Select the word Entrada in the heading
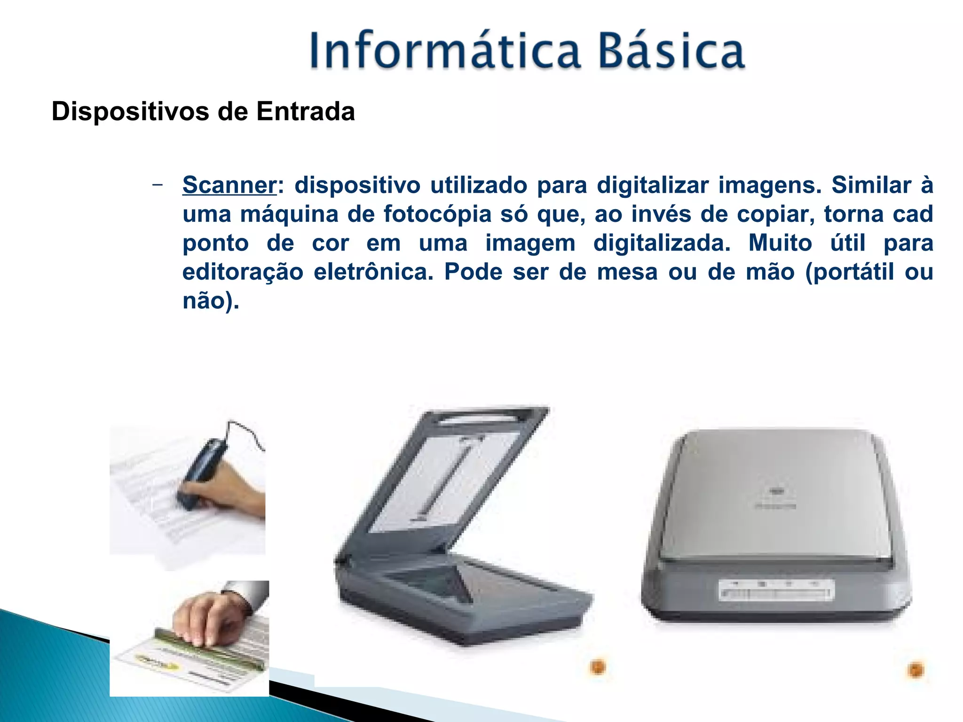[x=305, y=112]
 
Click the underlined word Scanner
[x=229, y=185]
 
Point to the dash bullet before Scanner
[x=158, y=185]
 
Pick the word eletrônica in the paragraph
[x=373, y=272]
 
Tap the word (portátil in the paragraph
[x=849, y=272]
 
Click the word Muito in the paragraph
[x=780, y=243]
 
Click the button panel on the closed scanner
[x=776, y=590]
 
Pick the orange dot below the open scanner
[x=598, y=667]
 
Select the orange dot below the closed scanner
[x=915, y=669]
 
